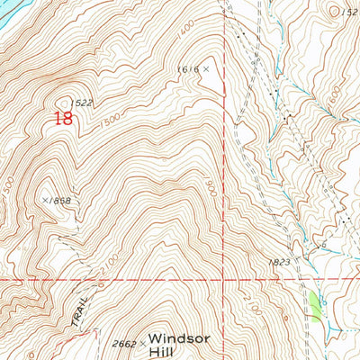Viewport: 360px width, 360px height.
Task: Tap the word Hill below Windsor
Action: coord(165,347)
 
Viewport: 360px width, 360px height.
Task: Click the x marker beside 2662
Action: coord(142,343)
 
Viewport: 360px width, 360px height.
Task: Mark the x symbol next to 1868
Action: coord(44,200)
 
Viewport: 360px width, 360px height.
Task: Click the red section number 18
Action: coord(63,118)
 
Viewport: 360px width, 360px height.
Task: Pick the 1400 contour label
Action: coord(185,33)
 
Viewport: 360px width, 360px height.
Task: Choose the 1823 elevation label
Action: coord(279,263)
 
